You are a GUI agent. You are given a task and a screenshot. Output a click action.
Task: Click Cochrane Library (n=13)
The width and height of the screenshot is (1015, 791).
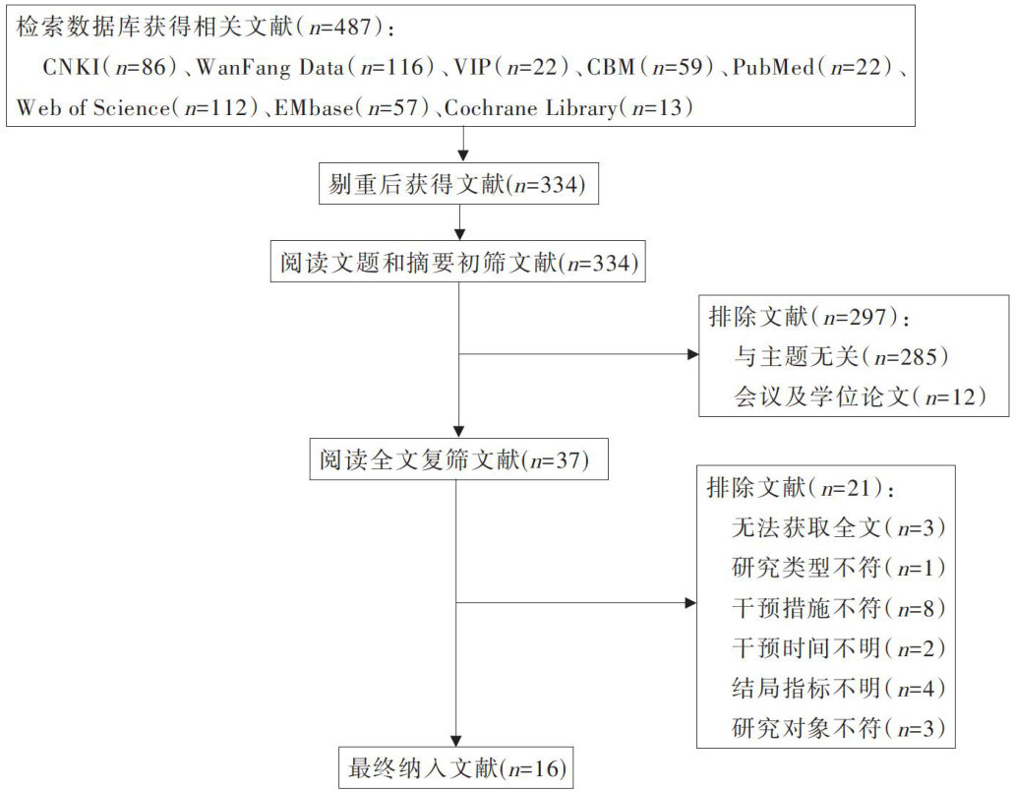point(568,107)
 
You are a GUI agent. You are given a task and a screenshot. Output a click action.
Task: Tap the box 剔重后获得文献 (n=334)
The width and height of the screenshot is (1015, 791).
point(459,184)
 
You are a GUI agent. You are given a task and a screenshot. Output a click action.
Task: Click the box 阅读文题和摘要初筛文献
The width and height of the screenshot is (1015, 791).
point(459,263)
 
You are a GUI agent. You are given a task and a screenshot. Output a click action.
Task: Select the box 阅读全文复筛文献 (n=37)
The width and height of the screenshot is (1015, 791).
point(459,459)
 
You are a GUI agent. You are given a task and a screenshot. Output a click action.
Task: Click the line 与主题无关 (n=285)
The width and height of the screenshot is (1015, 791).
point(843,355)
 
